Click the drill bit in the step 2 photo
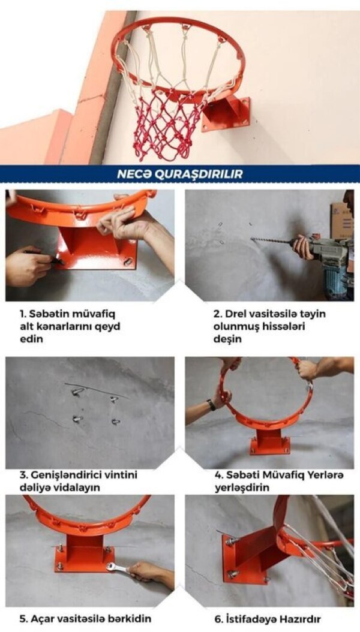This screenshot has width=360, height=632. (x=270, y=241)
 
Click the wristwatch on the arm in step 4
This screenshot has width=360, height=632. (x=212, y=404)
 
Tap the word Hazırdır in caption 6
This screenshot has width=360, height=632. (x=298, y=618)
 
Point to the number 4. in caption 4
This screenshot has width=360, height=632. (x=218, y=475)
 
